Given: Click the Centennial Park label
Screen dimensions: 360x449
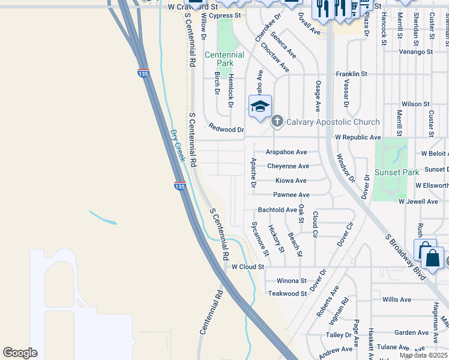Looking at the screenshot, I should click(x=224, y=59).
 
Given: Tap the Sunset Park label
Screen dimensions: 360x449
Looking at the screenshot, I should click(x=397, y=172).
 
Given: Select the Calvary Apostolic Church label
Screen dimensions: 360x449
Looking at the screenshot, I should click(x=333, y=122).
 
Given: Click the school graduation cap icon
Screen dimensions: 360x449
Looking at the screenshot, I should click(x=260, y=107).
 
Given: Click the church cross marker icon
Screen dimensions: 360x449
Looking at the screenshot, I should click(x=277, y=122).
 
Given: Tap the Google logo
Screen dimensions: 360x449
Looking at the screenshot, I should click(x=20, y=353).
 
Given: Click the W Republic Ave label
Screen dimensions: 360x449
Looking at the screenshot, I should click(x=358, y=137).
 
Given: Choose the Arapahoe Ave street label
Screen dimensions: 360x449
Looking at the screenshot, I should click(x=286, y=152).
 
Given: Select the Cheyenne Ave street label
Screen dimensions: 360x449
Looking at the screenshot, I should click(x=288, y=166).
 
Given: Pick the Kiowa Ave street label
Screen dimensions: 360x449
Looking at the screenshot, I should click(x=291, y=181).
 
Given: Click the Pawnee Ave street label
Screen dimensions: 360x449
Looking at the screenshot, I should click(x=291, y=195).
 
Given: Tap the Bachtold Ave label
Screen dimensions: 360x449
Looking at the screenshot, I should click(x=277, y=210).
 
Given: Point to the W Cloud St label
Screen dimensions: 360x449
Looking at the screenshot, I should click(x=248, y=266).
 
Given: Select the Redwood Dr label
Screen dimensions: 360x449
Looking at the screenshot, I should click(x=226, y=128).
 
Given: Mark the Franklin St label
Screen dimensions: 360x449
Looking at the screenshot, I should click(x=351, y=74).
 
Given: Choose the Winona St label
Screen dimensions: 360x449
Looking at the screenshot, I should click(x=291, y=281).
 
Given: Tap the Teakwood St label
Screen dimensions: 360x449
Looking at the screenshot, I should click(x=288, y=293).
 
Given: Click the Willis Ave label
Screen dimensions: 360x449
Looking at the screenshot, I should click(x=396, y=299).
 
